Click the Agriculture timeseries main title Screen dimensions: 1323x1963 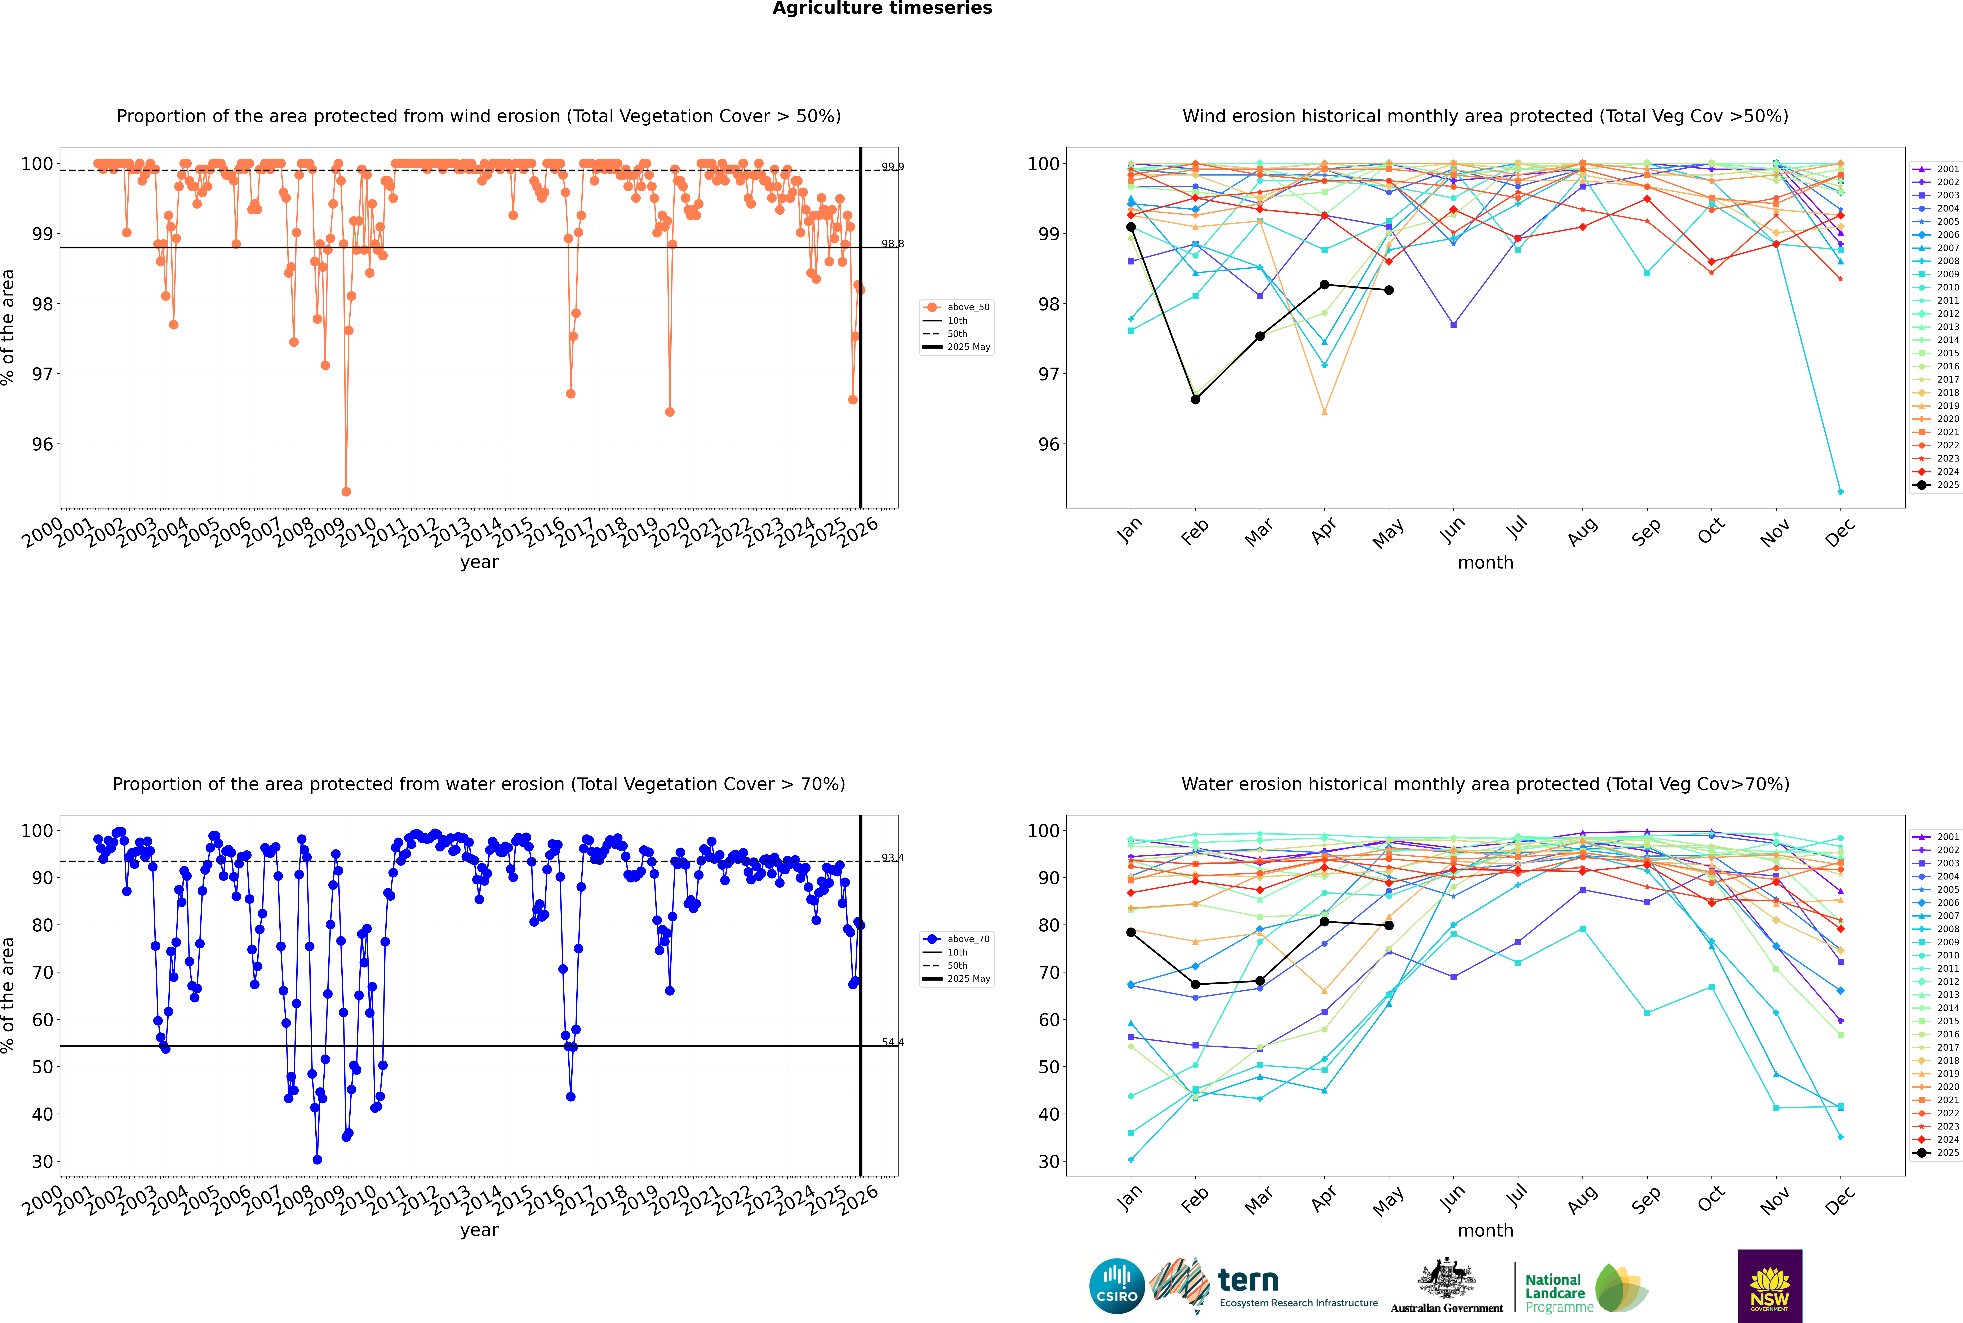882,8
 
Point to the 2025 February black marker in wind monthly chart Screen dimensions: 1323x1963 1195,399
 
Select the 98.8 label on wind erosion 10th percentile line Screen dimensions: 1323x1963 892,244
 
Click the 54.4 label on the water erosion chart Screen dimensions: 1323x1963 892,1042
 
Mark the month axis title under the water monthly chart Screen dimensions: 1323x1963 1485,1230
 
